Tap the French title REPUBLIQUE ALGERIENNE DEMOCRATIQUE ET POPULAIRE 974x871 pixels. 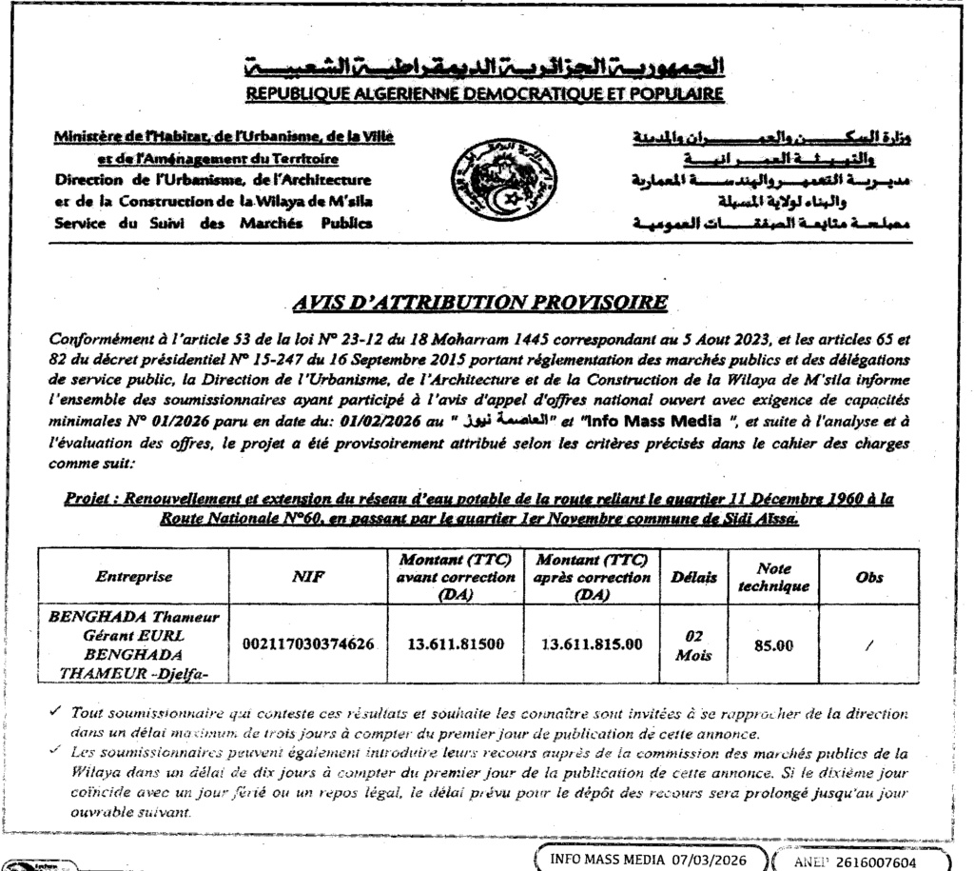coord(486,95)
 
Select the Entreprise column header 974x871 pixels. coord(134,577)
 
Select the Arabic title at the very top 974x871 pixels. coord(486,69)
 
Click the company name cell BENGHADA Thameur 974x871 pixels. coord(134,643)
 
